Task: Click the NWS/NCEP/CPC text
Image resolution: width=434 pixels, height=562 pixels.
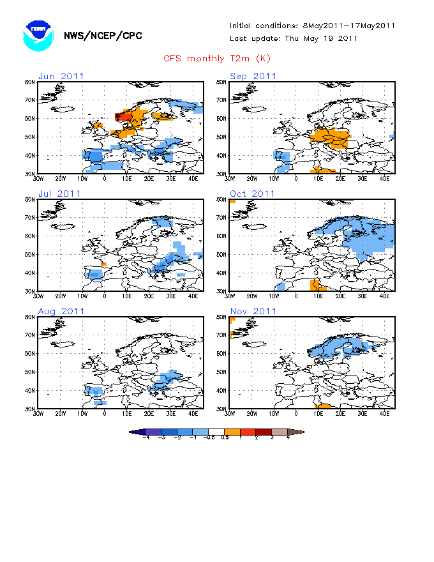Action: tap(103, 36)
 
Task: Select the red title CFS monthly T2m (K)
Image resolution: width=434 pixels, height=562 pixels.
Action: tap(217, 58)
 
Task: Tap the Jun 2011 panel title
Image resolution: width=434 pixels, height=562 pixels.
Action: tap(61, 76)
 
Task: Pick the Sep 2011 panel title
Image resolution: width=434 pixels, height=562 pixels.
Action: tap(253, 76)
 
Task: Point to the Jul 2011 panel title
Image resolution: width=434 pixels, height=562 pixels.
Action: tap(60, 194)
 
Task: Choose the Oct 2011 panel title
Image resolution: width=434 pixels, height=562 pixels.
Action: tap(253, 194)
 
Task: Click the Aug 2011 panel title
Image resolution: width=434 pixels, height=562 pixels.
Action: tap(61, 311)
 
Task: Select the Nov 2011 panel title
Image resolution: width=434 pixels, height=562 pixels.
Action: tap(253, 311)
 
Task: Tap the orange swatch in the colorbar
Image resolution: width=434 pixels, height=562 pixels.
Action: tap(232, 432)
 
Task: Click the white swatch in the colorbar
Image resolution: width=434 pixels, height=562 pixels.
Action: tap(216, 432)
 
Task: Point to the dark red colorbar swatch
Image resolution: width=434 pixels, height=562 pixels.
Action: tap(264, 432)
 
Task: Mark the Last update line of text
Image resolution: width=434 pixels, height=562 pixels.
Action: tap(294, 38)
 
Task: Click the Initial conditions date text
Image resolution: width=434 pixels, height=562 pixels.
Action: tap(313, 26)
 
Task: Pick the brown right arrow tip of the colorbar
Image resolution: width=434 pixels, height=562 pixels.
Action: tap(299, 432)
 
